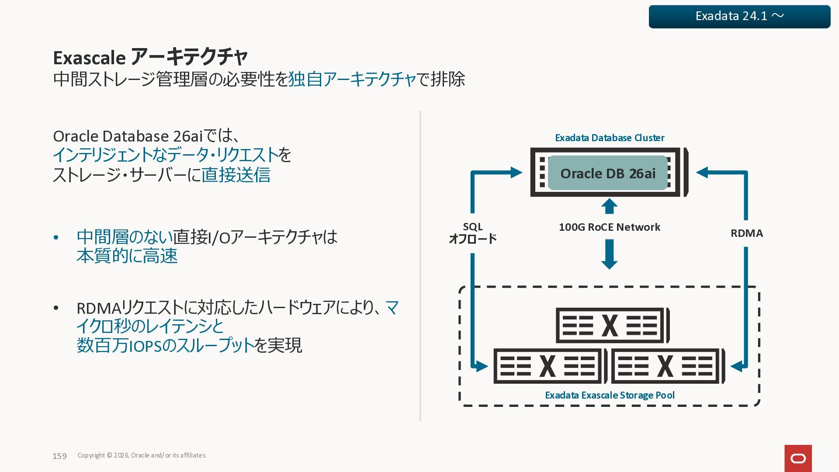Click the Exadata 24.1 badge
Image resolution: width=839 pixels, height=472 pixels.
pyautogui.click(x=739, y=17)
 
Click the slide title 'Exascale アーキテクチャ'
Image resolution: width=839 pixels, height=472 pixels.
pyautogui.click(x=150, y=57)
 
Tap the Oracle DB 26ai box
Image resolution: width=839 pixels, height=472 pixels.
pyautogui.click(x=608, y=173)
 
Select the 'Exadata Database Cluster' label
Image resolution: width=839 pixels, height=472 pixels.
pyautogui.click(x=610, y=138)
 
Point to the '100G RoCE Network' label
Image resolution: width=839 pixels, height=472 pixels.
pyautogui.click(x=609, y=227)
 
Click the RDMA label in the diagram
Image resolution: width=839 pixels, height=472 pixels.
pyautogui.click(x=747, y=233)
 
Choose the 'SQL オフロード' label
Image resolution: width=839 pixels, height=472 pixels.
pyautogui.click(x=473, y=233)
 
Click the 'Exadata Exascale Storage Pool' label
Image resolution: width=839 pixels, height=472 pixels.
pyautogui.click(x=610, y=396)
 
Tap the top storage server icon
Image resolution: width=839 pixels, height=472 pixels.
pyautogui.click(x=612, y=326)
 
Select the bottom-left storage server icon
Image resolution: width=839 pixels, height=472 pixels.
pyautogui.click(x=550, y=366)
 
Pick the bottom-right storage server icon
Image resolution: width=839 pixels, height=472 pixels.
pyautogui.click(x=668, y=366)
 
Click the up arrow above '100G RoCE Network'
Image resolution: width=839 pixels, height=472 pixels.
pyautogui.click(x=609, y=206)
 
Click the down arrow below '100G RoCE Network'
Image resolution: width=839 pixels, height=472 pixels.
pyautogui.click(x=609, y=254)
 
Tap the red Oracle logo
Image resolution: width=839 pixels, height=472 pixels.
pyautogui.click(x=798, y=458)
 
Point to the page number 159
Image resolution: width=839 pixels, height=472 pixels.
pyautogui.click(x=59, y=456)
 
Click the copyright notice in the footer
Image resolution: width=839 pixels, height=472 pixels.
pyautogui.click(x=142, y=455)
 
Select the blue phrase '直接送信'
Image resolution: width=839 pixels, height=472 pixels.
pyautogui.click(x=236, y=175)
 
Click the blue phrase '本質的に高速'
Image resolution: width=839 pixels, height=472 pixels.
pyautogui.click(x=127, y=256)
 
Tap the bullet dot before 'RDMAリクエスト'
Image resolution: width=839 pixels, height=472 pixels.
pyautogui.click(x=56, y=309)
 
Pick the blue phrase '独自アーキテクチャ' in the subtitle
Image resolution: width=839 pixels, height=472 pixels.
pyautogui.click(x=352, y=80)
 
